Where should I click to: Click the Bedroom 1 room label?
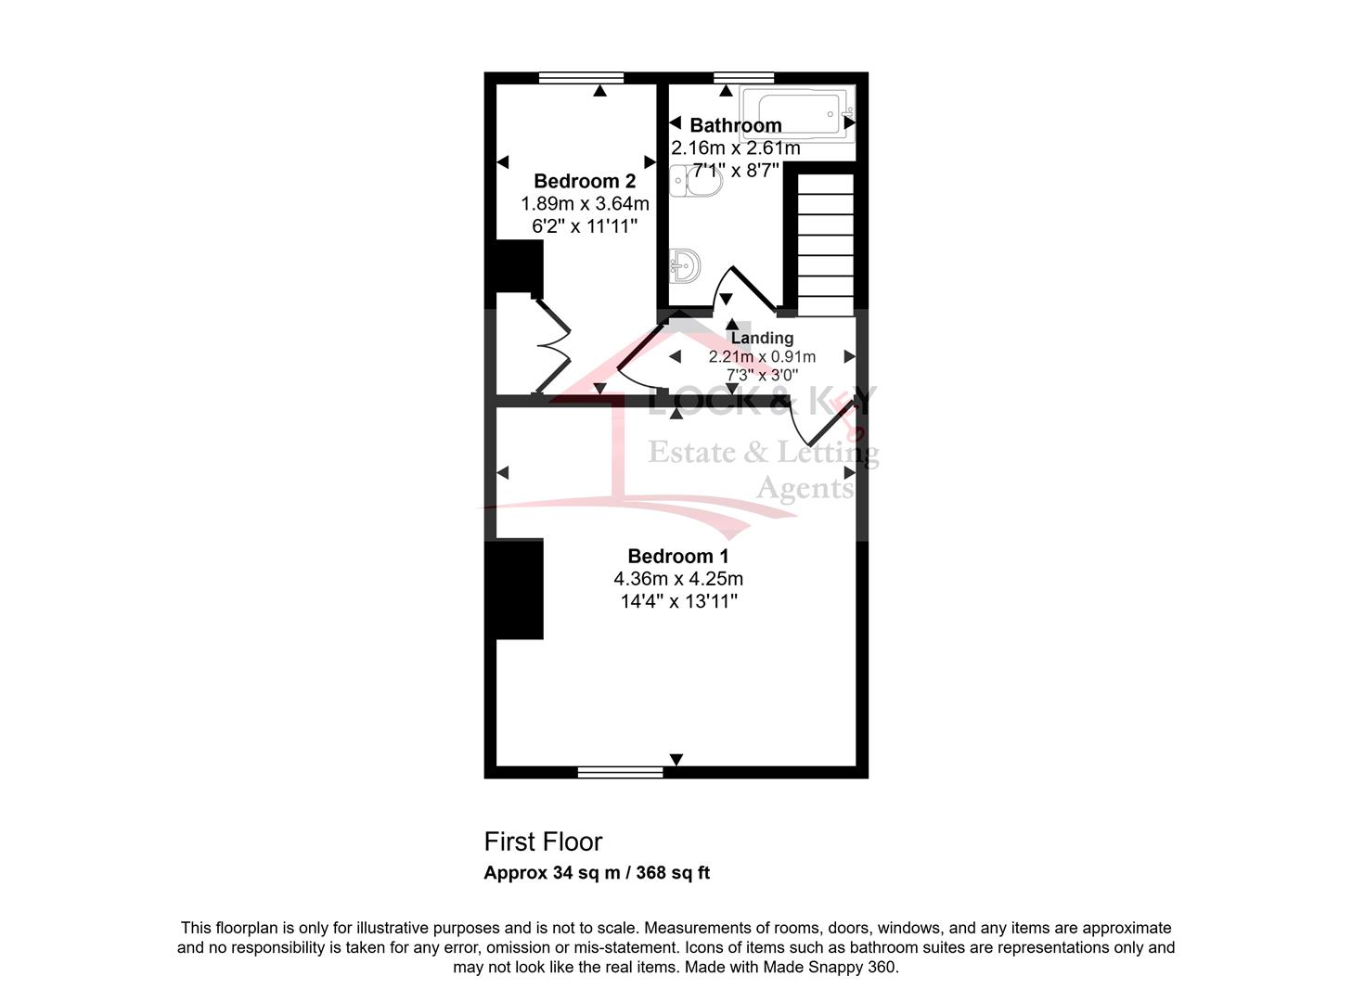point(677,556)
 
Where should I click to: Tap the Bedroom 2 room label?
point(585,181)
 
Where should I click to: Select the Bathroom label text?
point(736,125)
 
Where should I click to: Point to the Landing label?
point(762,338)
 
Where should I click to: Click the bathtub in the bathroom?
point(797,114)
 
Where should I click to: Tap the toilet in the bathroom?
point(696,180)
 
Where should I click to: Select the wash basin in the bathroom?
point(685,265)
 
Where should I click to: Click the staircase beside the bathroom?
point(825,245)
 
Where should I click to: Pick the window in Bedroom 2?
point(582,77)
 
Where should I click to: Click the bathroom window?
point(743,77)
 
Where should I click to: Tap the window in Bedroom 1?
point(620,772)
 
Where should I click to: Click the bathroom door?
point(745,290)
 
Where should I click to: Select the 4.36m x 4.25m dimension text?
point(677,578)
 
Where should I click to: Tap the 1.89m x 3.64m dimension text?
point(585,203)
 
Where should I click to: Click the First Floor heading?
point(543,842)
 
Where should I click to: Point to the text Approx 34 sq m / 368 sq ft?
point(597,873)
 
